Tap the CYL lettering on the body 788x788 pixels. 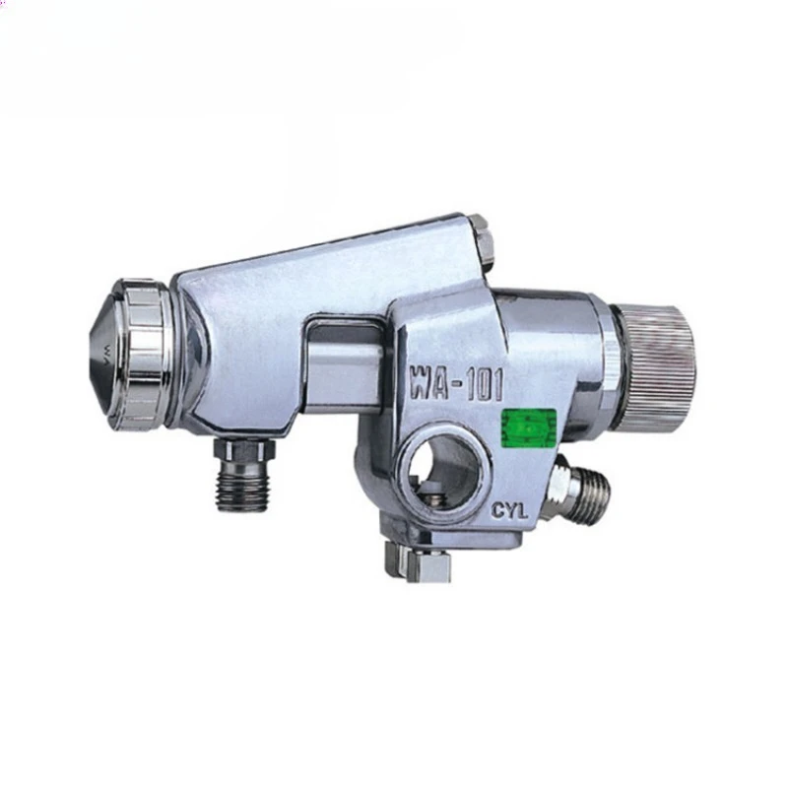[510, 512]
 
